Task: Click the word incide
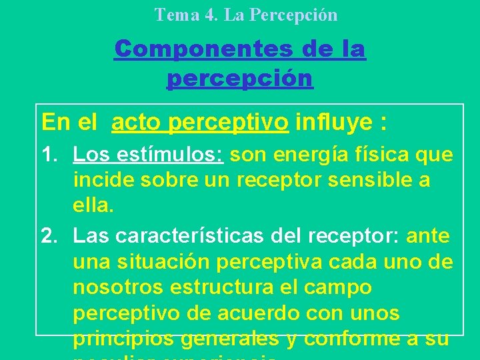(x=100, y=180)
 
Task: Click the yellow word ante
(x=428, y=235)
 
